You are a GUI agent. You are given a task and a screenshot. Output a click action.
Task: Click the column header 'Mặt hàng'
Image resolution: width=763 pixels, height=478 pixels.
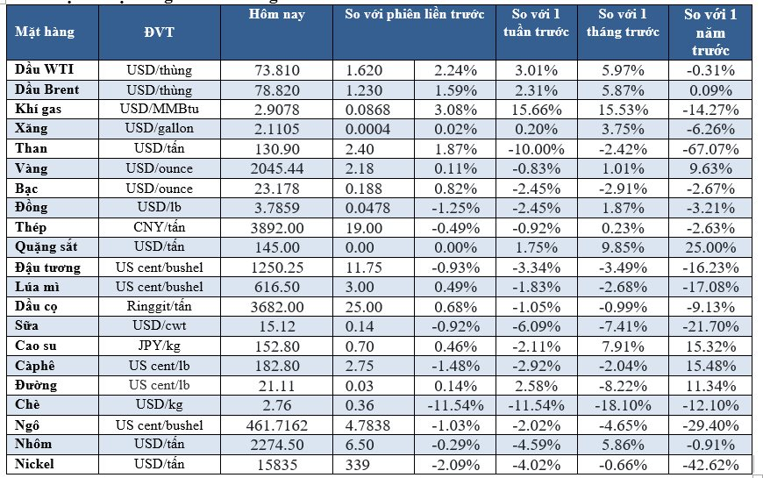click(45, 32)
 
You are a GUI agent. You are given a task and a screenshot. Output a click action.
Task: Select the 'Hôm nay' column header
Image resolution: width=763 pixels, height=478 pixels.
click(276, 15)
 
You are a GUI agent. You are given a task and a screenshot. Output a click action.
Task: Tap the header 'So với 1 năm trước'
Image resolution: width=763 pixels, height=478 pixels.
click(710, 32)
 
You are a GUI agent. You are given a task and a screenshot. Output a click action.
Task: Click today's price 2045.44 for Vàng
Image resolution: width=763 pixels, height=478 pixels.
click(276, 168)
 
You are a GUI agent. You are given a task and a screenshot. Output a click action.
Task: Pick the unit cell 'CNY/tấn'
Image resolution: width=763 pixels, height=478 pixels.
click(159, 227)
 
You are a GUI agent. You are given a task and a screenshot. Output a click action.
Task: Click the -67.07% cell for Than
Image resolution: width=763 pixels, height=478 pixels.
click(710, 148)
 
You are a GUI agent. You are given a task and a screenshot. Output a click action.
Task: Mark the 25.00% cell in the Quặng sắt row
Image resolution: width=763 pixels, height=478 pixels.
click(710, 247)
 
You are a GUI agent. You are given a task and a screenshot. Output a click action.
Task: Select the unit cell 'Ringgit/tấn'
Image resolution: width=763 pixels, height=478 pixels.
click(159, 306)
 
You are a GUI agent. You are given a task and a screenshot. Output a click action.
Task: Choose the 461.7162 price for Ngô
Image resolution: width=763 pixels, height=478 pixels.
click(276, 424)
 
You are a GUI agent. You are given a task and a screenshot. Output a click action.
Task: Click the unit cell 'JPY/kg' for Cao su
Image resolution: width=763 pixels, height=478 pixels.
click(159, 346)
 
